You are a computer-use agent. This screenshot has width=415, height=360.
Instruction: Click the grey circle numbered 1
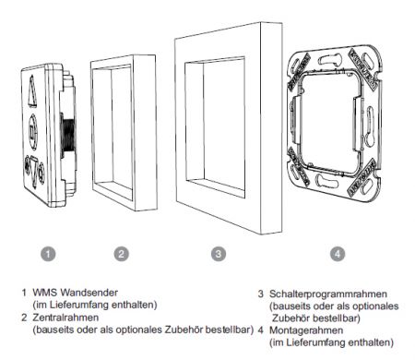pyautogui.click(x=48, y=254)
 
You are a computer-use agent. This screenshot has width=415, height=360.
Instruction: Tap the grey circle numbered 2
pyautogui.click(x=122, y=254)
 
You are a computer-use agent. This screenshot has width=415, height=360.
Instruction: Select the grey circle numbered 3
pyautogui.click(x=219, y=254)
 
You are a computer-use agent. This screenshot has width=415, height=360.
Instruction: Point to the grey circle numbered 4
pyautogui.click(x=338, y=254)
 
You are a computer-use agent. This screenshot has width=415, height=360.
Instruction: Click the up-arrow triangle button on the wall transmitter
pyautogui.click(x=32, y=91)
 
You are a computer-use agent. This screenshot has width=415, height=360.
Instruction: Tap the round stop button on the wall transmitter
pyautogui.click(x=33, y=132)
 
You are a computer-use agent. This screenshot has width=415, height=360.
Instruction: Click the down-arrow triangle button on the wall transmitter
pyautogui.click(x=34, y=173)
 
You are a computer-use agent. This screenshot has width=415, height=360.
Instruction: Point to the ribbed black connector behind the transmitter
pyautogui.click(x=68, y=136)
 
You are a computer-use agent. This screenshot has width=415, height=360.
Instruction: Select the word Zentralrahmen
pyautogui.click(x=65, y=318)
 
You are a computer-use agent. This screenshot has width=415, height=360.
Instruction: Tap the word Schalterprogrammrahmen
pyautogui.click(x=328, y=294)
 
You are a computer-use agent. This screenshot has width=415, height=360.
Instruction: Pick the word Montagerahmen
pyautogui.click(x=306, y=330)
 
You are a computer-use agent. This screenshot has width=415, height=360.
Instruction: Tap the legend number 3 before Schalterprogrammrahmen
pyautogui.click(x=261, y=294)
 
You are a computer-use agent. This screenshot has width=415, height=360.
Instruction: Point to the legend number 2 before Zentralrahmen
pyautogui.click(x=24, y=318)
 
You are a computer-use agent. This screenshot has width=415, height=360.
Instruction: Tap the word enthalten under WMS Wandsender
pyautogui.click(x=134, y=305)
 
